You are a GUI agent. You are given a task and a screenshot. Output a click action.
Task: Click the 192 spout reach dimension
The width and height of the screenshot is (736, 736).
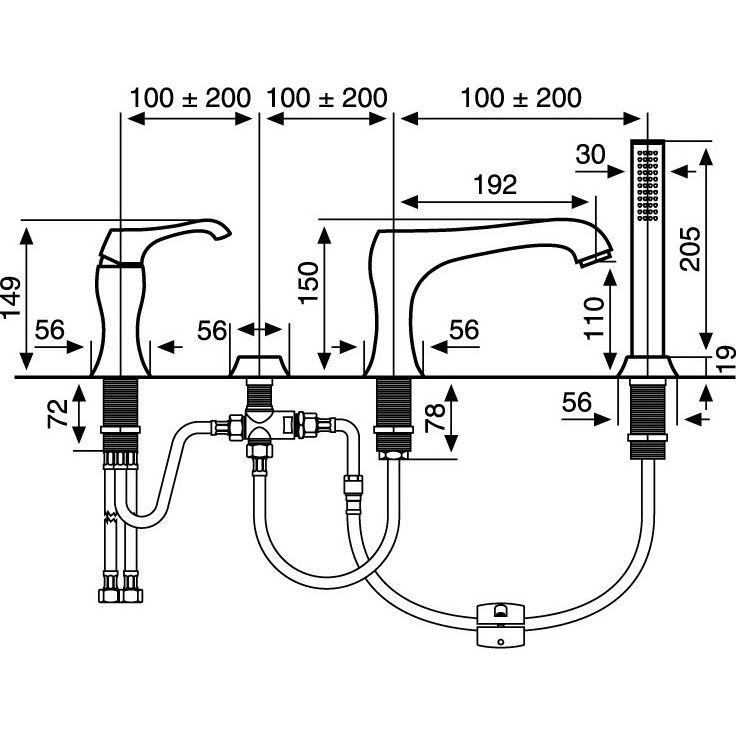click(x=495, y=184)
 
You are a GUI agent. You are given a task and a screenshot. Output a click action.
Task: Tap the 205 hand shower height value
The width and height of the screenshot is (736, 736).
click(x=690, y=249)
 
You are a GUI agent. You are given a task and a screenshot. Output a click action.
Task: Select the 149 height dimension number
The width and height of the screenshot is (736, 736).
click(x=11, y=298)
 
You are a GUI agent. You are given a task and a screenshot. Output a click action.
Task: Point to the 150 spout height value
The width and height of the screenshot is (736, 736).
click(x=309, y=283)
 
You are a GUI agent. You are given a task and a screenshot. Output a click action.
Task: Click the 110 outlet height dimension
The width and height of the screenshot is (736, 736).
click(x=594, y=318)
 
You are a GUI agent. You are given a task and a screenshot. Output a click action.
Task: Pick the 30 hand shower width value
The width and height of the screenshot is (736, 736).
click(x=590, y=154)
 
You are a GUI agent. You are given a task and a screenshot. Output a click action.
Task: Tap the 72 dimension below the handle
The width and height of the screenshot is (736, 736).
click(x=58, y=414)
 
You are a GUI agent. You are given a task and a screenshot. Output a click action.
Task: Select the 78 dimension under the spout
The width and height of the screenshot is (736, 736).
click(x=435, y=417)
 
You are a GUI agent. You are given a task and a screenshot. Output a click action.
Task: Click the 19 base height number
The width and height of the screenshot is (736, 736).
click(x=727, y=360)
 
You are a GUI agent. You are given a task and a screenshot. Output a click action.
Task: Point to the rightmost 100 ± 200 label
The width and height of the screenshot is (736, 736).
click(x=521, y=98)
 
